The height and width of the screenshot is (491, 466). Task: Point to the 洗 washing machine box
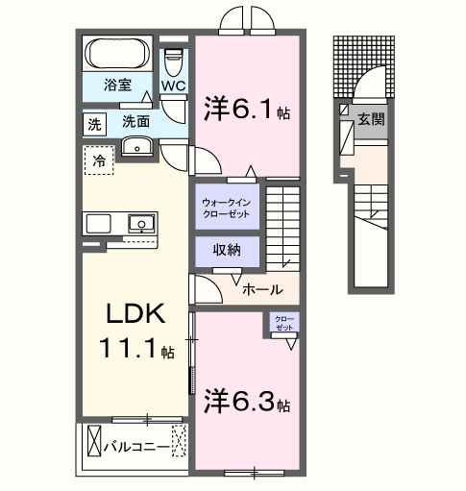[x=94, y=123]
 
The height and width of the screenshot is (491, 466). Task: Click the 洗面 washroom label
[x=135, y=122]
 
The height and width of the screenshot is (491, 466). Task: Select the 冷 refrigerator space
[x=98, y=161]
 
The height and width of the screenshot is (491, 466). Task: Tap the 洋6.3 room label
[x=245, y=402]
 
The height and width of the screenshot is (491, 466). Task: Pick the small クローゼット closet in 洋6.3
[x=283, y=324]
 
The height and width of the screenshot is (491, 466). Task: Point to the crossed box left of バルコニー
[x=93, y=443]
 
